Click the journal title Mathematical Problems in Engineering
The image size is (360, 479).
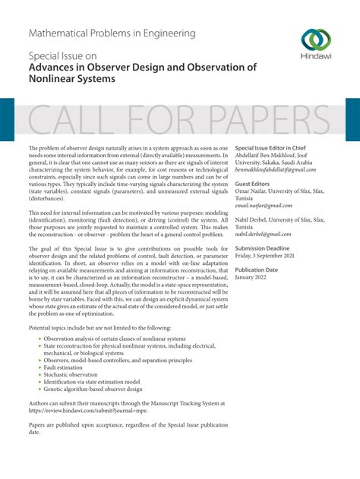pos(112,33)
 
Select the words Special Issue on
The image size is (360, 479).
pos(63,56)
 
